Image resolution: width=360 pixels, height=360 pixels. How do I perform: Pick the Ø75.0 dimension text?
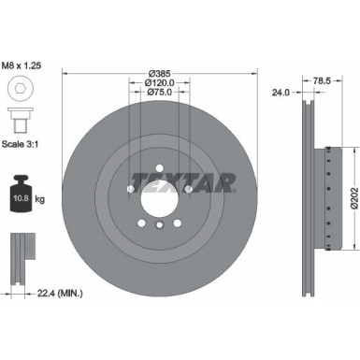(x=160, y=94)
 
